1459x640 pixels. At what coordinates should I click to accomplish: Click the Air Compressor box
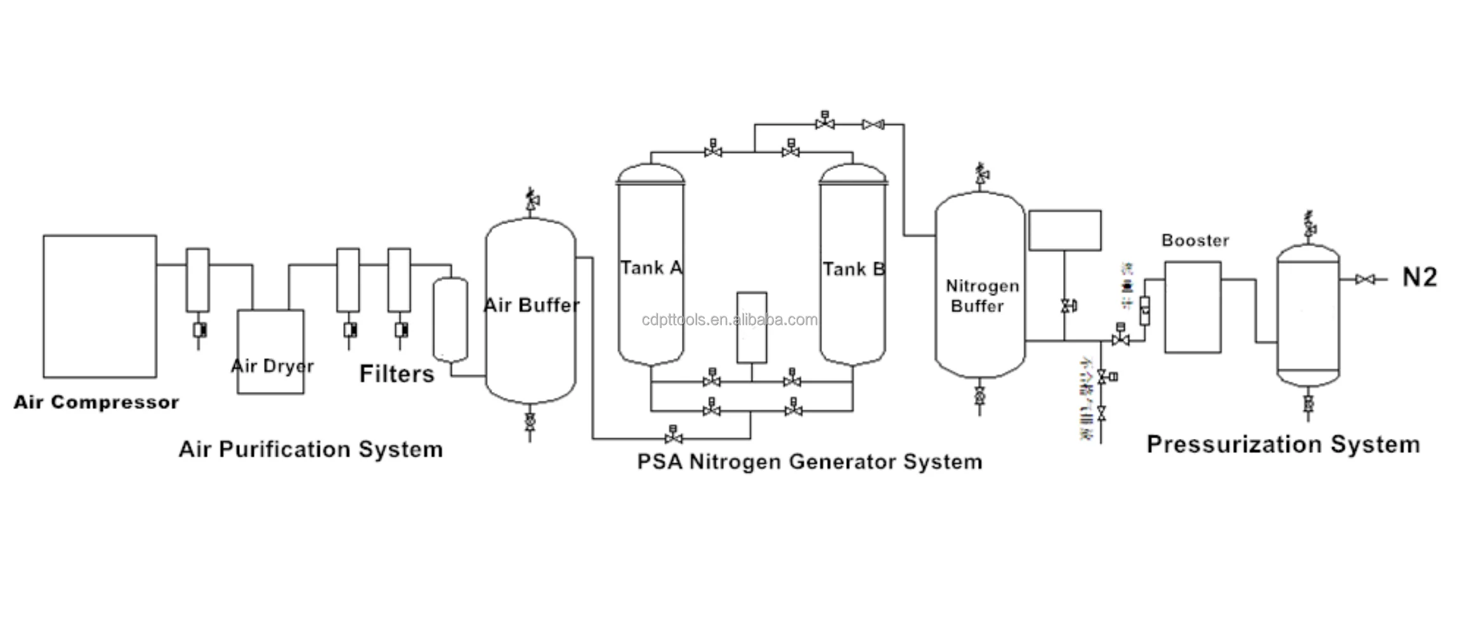pos(100,306)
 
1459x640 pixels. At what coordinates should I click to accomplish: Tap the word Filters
pos(396,374)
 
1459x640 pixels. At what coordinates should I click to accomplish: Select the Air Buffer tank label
pos(531,305)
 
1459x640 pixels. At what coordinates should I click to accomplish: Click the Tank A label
pos(651,268)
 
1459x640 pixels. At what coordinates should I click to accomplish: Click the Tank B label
pos(853,269)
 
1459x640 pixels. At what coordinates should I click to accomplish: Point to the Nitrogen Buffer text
pos(981,296)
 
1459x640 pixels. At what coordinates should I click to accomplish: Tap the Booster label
pos(1195,240)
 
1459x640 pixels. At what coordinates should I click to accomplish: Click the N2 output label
pos(1419,277)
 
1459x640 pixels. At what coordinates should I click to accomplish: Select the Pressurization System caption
pos(1283,444)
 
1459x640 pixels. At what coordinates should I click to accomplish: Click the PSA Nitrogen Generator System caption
pos(809,461)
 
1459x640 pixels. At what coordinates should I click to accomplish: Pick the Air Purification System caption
pos(310,449)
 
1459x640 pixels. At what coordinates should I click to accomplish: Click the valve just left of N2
pos(1364,279)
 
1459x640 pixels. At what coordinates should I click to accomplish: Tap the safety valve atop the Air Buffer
pos(532,199)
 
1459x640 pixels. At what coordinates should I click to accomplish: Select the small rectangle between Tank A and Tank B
pos(752,327)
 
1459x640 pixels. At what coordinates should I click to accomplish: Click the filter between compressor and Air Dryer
pos(197,280)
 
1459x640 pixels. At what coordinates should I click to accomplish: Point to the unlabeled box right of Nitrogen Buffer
pos(1064,230)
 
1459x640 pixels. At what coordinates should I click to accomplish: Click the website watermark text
pos(729,320)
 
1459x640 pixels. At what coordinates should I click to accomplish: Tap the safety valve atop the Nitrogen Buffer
pos(981,174)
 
